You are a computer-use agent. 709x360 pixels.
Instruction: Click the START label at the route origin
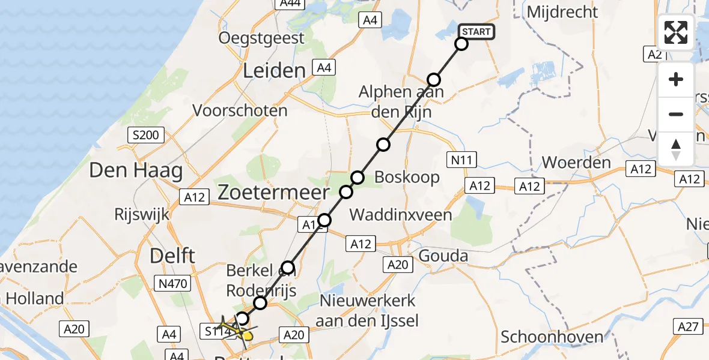476,32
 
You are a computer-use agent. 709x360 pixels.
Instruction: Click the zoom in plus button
676,79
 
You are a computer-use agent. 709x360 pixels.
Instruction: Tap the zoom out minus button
676,114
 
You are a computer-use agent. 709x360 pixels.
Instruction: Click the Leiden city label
275,71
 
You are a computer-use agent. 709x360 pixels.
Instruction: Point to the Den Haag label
136,171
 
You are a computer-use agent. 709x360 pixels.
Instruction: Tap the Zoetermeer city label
273,193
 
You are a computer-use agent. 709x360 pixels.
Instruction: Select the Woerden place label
576,163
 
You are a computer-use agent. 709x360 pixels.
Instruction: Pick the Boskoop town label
407,178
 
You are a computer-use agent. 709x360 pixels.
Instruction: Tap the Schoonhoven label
552,336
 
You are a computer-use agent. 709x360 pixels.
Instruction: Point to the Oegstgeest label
261,38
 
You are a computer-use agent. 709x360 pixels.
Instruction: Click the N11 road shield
463,159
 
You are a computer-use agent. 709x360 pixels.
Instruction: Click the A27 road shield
689,326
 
